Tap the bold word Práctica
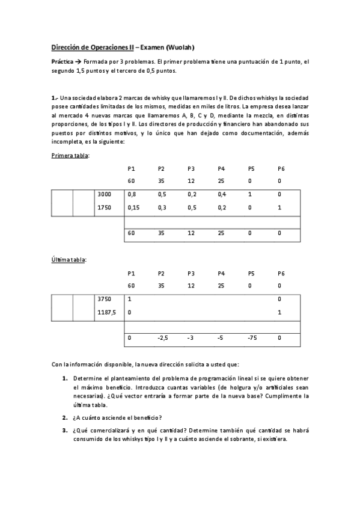63,62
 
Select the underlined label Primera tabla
70,156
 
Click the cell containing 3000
104,194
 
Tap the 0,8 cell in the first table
132,194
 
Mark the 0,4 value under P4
222,194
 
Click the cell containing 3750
104,298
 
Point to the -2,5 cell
162,338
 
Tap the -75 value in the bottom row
252,338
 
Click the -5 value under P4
221,338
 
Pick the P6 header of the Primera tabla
281,168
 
